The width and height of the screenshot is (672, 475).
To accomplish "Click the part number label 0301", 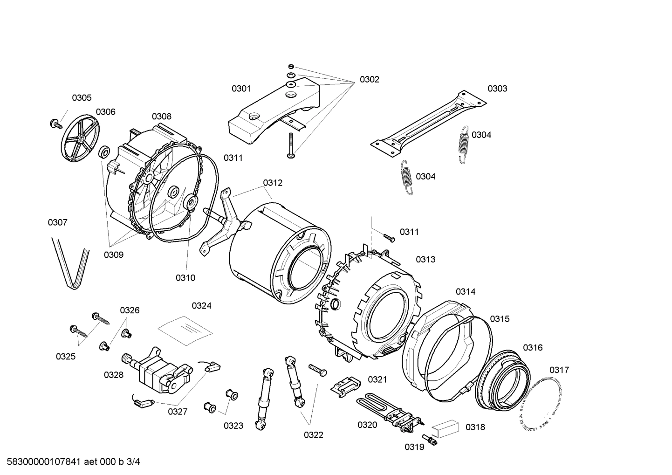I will pos(241,89).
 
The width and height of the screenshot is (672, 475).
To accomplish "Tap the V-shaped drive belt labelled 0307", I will pos(70,263).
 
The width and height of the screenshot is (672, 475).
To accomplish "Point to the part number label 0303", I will pos(497,89).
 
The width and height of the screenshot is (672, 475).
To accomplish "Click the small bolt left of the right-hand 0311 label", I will pos(389,238).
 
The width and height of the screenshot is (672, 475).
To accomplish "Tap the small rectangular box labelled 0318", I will pos(445,427).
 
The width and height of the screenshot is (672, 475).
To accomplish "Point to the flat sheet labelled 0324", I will pos(185,329).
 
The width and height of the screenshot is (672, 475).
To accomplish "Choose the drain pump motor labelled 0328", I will pos(158,368).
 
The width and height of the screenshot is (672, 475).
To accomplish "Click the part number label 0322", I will pos(313,435).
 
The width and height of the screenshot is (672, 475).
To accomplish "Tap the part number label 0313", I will pos(425,260).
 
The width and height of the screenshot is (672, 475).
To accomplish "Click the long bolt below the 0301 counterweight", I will pos(291,145).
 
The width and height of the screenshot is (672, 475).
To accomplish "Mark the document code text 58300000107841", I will pos(41,462).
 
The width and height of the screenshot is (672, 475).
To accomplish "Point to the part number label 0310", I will pos(185,278).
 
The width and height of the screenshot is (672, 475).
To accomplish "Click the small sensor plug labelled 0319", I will pos(428,439).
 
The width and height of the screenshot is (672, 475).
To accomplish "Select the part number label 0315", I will pos(500,319).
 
